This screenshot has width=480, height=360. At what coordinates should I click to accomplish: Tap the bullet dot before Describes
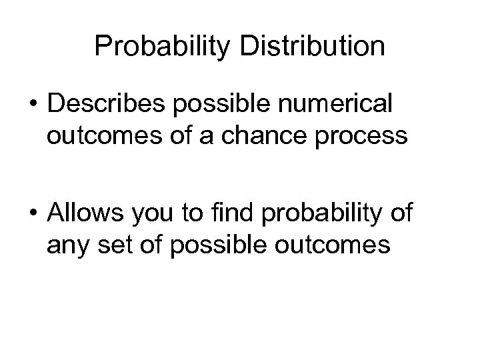coord(33,107)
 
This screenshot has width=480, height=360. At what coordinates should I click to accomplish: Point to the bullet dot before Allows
coord(33,217)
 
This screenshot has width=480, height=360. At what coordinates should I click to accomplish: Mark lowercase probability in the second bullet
coord(322,216)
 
